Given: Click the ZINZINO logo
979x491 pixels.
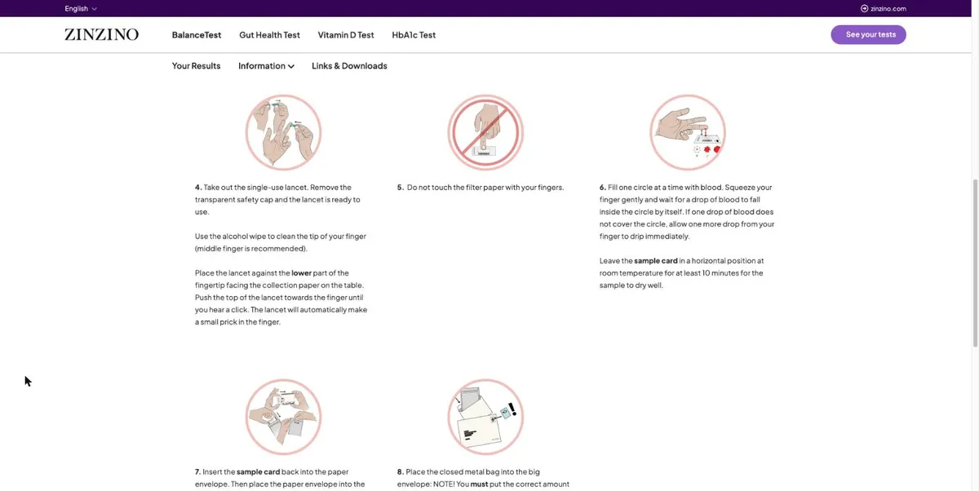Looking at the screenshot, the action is click(101, 34).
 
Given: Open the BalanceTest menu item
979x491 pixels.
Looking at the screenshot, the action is click(197, 35).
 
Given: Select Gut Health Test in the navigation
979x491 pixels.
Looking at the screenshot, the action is click(269, 35).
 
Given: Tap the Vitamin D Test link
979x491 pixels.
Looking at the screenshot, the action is click(346, 35).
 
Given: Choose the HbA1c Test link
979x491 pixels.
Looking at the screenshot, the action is click(414, 35).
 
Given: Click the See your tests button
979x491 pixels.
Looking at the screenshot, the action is click(868, 34).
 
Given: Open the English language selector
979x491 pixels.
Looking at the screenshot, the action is click(81, 8).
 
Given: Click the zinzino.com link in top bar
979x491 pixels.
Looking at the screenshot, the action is click(884, 8).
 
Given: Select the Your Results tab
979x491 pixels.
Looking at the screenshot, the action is click(196, 66).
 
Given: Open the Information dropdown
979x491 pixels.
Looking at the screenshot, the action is click(266, 66).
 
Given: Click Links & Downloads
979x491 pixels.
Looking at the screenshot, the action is click(349, 66).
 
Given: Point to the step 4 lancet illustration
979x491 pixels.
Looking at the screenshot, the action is click(283, 132).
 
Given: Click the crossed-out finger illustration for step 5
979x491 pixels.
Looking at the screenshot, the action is click(485, 132).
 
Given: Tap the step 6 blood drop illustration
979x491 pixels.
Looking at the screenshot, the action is click(688, 132).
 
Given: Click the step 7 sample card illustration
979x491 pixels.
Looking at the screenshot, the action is click(283, 417).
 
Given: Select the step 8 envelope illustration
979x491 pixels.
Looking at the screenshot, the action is click(485, 417).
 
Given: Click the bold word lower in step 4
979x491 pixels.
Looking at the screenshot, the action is click(302, 273).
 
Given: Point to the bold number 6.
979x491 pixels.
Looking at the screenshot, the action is click(602, 188).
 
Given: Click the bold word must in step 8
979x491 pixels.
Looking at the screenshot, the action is click(479, 484).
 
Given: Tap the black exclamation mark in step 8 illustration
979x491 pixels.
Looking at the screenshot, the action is click(512, 409).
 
